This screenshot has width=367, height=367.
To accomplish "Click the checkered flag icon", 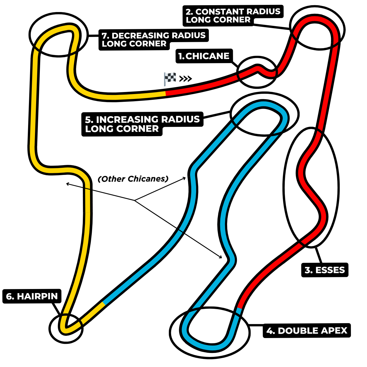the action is coord(170,79).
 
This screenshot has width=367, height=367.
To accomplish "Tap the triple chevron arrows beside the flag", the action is coord(186,79).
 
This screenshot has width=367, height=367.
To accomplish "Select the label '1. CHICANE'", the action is coord(204,56).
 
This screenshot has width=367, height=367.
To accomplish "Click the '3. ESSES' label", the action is coord(325,270).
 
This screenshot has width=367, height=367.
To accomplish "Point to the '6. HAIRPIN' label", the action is coord(32,296).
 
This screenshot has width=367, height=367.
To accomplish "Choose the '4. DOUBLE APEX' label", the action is coord(307,331).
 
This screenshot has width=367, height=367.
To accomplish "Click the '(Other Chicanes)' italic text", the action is coord(133,179).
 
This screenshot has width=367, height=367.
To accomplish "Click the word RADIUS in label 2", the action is coord(263,12).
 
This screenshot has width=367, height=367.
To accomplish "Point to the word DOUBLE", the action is coord(296,331).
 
